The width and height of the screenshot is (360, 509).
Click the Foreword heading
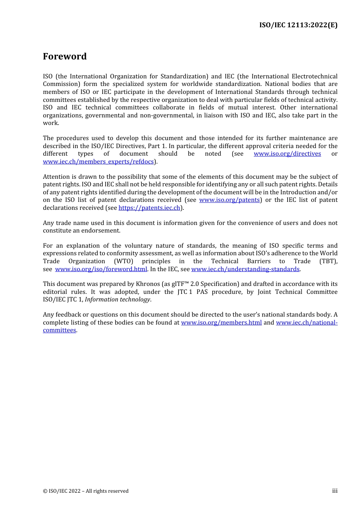coord(65,56)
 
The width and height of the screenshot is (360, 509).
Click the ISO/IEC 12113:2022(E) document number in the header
coord(298,25)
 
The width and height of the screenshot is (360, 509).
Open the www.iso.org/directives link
coord(287,154)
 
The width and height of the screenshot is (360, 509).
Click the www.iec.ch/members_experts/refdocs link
coord(98,162)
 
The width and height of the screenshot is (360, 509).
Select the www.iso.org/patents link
coord(229,200)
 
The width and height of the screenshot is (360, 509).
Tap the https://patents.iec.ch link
coord(149,208)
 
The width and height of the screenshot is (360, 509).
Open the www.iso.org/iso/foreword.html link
coord(101,269)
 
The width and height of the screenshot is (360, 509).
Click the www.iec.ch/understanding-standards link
coord(245,269)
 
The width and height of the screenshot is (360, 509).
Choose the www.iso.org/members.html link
coord(221,323)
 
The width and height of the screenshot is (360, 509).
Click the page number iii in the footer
coord(335,491)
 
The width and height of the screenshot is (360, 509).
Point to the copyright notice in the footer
coord(86,491)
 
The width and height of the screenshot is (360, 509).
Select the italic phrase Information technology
coord(117,300)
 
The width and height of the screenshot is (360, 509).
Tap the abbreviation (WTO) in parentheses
coord(124,261)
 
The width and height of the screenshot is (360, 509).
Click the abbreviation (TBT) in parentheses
coord(328,261)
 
